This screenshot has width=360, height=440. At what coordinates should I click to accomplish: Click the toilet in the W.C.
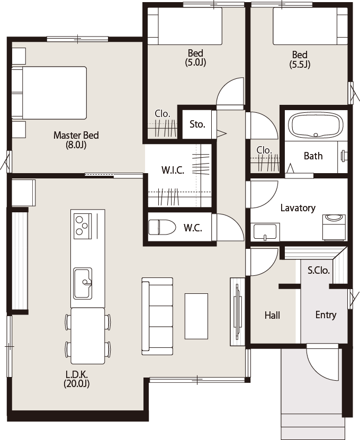(x=162, y=227)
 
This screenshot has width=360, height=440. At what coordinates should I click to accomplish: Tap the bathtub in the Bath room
(x=316, y=125)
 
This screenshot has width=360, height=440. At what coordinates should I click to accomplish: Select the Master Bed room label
(x=76, y=140)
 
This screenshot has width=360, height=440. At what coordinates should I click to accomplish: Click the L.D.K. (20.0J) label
(x=77, y=379)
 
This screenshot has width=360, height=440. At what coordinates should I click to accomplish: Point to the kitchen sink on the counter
(x=83, y=283)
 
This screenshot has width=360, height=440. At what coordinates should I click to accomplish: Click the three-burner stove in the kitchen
(x=83, y=224)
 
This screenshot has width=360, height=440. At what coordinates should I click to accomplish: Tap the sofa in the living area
(x=157, y=316)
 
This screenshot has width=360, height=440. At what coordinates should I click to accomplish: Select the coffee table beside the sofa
(x=196, y=316)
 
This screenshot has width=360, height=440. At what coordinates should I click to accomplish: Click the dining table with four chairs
(x=87, y=336)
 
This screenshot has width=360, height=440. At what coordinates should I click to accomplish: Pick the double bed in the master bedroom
(x=49, y=93)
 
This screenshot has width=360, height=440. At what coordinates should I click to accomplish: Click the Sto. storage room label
(x=197, y=124)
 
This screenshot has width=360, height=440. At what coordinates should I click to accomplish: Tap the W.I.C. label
(x=173, y=170)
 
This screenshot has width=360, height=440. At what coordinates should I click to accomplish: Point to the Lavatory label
(x=298, y=208)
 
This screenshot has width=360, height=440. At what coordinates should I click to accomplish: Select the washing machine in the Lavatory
(x=334, y=227)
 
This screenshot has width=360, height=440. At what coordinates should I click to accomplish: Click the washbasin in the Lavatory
(x=265, y=232)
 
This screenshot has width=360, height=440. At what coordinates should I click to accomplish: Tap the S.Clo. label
(x=319, y=270)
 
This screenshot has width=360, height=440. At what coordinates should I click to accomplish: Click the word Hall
(x=272, y=315)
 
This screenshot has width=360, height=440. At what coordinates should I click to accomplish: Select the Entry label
(x=326, y=315)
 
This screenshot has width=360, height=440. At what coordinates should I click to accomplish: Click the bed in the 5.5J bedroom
(x=310, y=26)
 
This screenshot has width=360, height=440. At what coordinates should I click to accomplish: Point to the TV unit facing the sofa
(x=238, y=311)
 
